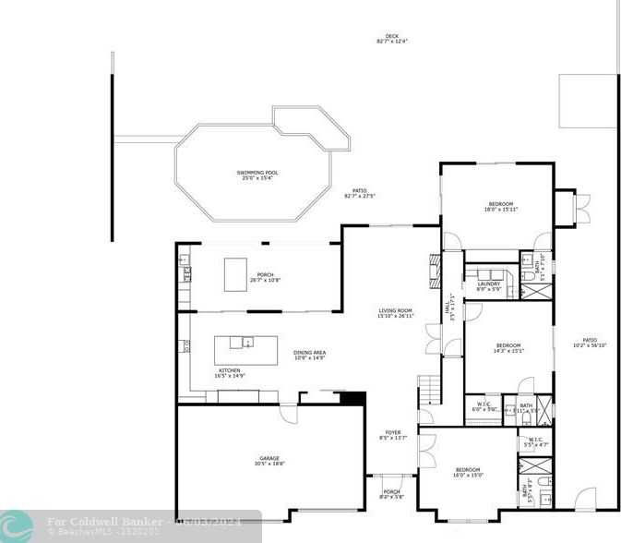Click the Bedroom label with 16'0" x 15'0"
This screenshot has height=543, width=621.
pyautogui.click(x=468, y=473)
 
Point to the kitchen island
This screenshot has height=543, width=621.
pyautogui.click(x=245, y=350)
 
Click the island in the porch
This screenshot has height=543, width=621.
pyautogui.click(x=238, y=273)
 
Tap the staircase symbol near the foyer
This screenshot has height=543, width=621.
pyautogui.click(x=430, y=391)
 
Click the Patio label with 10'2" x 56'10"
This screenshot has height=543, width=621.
pyautogui.click(x=589, y=343)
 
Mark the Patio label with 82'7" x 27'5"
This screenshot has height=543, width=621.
pyautogui.click(x=360, y=194)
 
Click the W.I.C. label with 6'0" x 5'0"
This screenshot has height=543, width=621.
pyautogui.click(x=484, y=407)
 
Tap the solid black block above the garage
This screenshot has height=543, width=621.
pyautogui.click(x=353, y=398)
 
